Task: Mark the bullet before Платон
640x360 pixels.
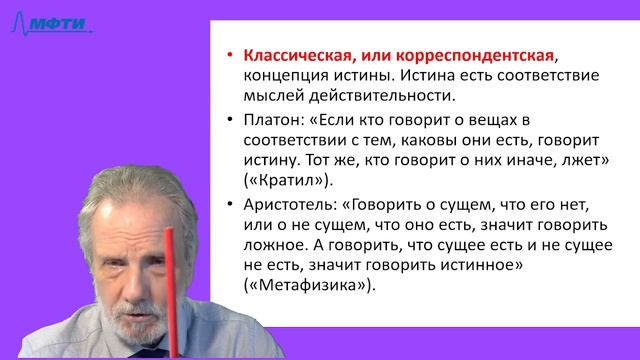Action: click(x=231, y=120)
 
